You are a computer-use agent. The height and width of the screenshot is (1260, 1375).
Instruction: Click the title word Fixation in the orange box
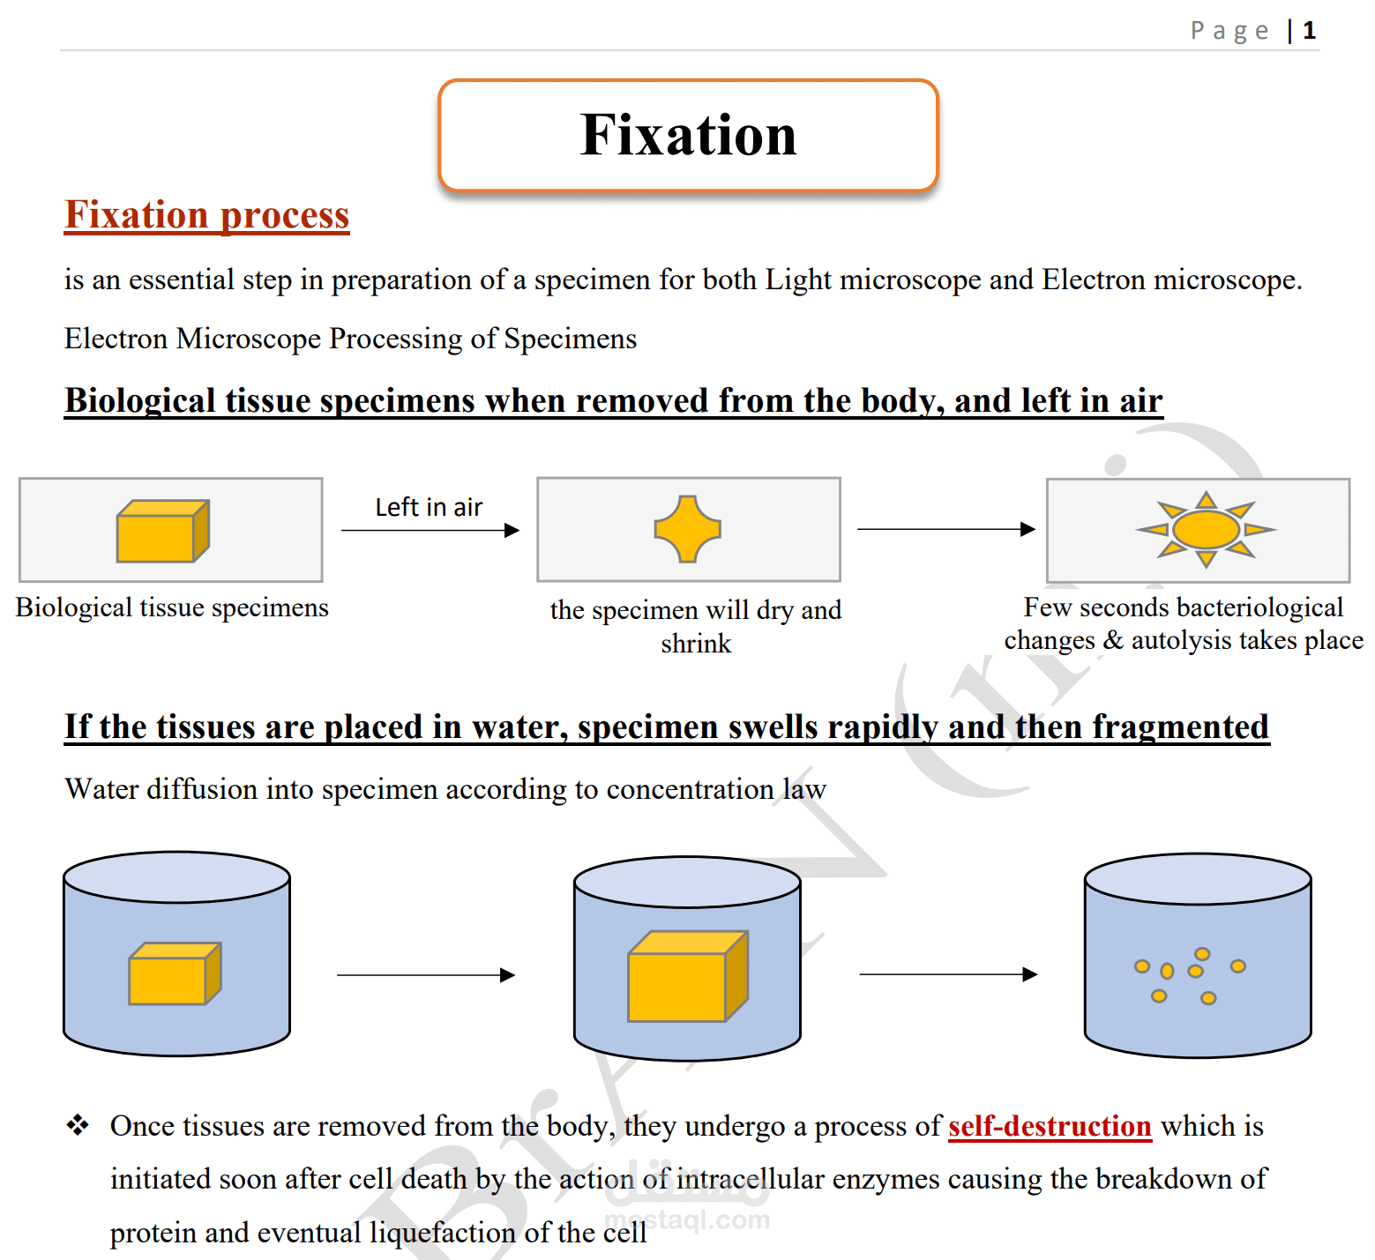[689, 135]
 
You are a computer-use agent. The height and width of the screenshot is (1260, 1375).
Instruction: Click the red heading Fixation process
[207, 215]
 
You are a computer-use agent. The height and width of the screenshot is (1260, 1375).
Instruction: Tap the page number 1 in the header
[1310, 31]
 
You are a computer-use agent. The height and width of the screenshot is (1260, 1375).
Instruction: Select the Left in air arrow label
[429, 507]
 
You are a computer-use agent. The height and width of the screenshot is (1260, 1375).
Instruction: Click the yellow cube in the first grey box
[163, 531]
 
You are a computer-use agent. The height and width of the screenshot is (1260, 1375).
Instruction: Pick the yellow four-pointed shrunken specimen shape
[688, 529]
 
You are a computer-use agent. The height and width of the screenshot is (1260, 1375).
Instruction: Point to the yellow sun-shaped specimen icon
[1206, 529]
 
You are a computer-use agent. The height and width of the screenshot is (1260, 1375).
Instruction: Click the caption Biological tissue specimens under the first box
[172, 608]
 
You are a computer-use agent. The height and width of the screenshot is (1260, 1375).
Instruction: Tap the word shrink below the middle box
[696, 644]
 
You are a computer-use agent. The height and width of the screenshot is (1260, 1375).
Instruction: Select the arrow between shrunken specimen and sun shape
[946, 529]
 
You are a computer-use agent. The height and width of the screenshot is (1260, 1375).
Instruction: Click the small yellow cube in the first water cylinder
[175, 973]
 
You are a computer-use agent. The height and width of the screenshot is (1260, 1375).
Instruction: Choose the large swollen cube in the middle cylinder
[688, 976]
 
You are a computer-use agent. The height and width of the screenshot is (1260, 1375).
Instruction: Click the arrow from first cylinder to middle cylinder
[426, 974]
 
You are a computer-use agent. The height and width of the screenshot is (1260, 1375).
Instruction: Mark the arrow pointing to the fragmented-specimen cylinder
[948, 974]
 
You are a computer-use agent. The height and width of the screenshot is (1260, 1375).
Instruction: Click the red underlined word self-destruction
[1050, 1127]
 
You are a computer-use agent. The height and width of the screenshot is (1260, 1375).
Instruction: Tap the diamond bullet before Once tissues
[78, 1125]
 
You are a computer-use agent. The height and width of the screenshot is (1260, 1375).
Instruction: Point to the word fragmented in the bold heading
[1181, 727]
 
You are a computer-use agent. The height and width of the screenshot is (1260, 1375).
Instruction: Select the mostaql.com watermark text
[687, 1219]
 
